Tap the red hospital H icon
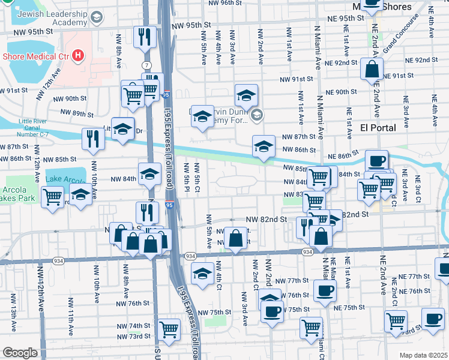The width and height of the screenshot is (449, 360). [x=77, y=57]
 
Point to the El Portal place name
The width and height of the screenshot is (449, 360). [x=379, y=128]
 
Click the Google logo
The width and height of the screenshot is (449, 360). [x=20, y=353]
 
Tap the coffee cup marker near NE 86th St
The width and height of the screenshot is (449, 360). [x=376, y=161]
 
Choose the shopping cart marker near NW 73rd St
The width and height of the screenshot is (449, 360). [x=169, y=329]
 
